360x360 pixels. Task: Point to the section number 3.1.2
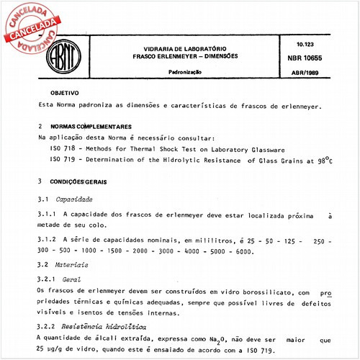tap(48, 239)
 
